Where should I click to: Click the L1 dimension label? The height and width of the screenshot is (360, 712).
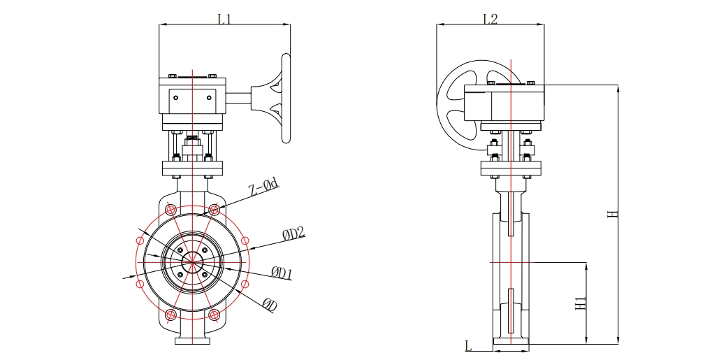click(x=224, y=19)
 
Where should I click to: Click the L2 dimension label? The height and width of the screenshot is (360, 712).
click(x=490, y=19)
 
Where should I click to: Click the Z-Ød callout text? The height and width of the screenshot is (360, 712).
click(x=264, y=187)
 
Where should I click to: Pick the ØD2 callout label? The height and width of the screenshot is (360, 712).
click(x=294, y=233)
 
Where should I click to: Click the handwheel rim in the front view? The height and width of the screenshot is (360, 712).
click(x=284, y=98)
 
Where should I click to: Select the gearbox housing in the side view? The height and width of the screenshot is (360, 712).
click(x=503, y=103)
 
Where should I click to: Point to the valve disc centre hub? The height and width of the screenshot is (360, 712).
click(x=191, y=262)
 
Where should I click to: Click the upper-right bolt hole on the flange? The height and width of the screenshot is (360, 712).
click(x=215, y=209)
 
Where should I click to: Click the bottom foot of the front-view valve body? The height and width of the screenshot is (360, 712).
click(x=191, y=341)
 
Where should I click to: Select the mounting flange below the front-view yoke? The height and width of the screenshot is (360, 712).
click(x=192, y=168)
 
